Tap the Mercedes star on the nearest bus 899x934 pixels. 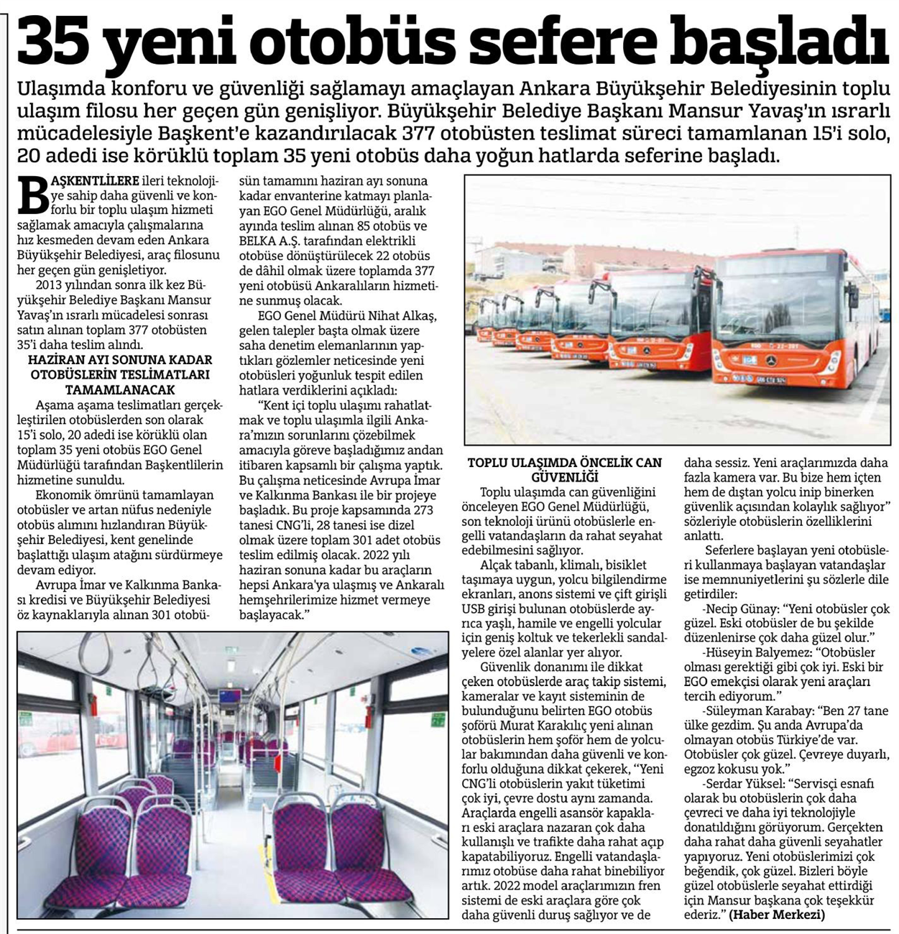coord(770,360)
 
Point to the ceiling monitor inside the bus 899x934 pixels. coord(230,695)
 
